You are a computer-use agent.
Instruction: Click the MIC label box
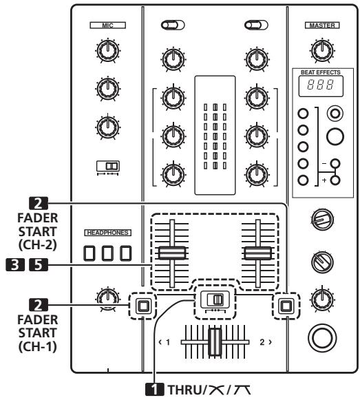click(107, 25)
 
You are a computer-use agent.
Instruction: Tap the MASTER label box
click(322, 25)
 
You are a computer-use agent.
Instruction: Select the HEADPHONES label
click(107, 233)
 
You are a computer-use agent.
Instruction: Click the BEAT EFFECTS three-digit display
click(321, 85)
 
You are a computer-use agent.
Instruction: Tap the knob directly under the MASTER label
click(322, 50)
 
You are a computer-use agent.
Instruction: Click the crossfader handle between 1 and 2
click(215, 342)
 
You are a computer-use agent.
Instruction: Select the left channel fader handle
click(172, 253)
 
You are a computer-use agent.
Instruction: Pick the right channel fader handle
click(258, 253)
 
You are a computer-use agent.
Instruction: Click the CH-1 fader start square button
click(143, 306)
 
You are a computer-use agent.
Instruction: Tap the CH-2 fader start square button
click(286, 306)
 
